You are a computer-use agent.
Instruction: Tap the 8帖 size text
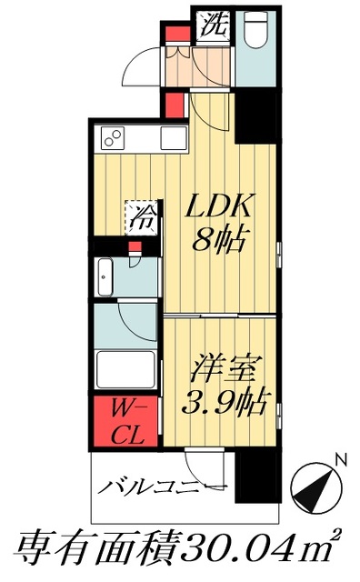coord(218,241)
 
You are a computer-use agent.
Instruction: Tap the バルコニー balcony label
coord(158,487)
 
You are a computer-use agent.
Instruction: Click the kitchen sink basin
coord(171,138)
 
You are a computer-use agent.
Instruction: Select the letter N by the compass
coord(338,459)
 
